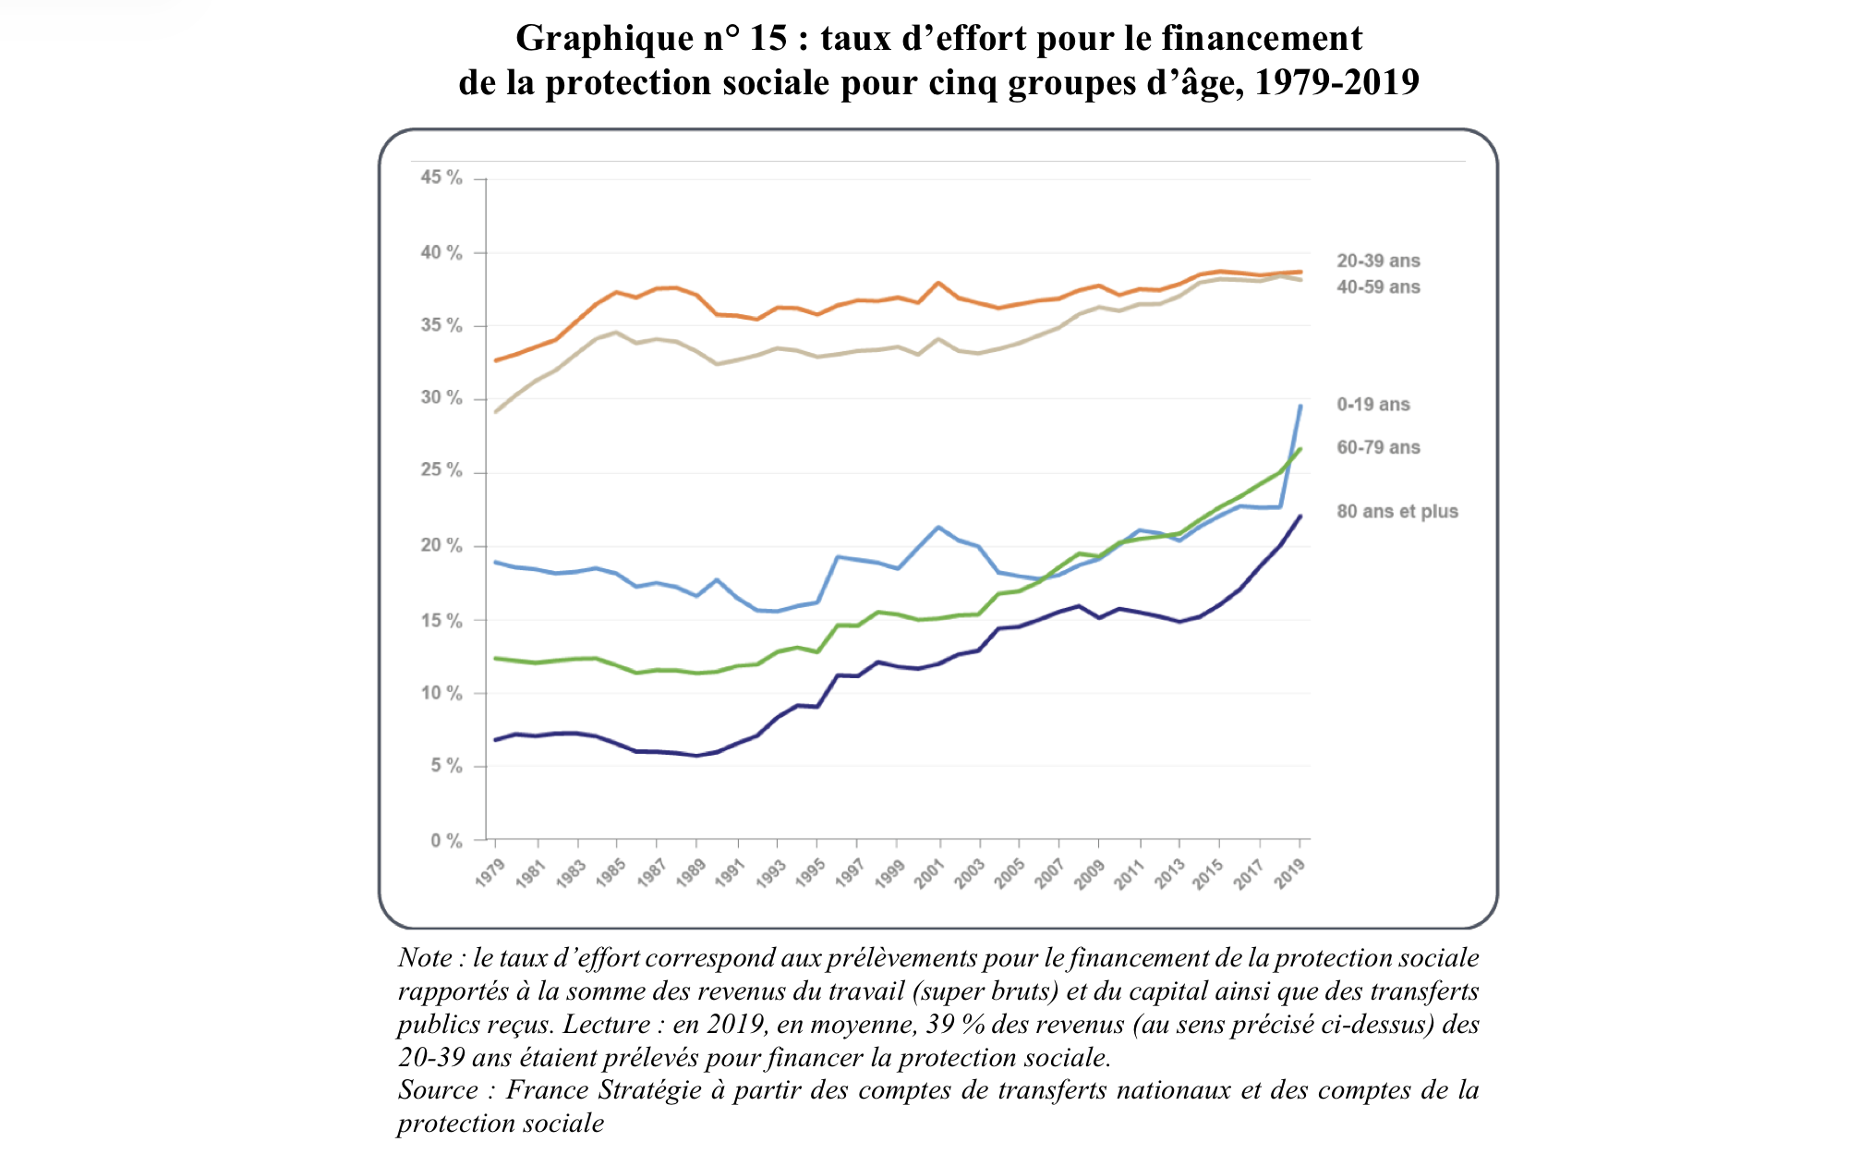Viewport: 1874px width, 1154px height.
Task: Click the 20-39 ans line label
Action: (1378, 261)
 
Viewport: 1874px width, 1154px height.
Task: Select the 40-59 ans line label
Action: (1378, 287)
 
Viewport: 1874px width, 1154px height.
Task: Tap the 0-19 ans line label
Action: (1373, 405)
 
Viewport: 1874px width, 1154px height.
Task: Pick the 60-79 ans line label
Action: (1378, 448)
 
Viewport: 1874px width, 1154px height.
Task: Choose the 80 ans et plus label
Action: (1397, 512)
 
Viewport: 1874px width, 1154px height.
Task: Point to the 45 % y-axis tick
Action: (441, 177)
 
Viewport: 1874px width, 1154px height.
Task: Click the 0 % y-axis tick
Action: (446, 841)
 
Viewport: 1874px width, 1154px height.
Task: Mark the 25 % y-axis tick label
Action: (441, 471)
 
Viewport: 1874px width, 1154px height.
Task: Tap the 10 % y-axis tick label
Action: (441, 694)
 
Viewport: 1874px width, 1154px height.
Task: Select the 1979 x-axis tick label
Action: (490, 873)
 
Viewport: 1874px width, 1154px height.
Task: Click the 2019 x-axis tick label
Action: (1290, 873)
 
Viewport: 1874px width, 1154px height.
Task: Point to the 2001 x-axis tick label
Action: (929, 873)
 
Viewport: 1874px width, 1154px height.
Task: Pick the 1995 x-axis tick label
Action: (810, 873)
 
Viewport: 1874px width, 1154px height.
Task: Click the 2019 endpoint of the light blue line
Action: (1300, 406)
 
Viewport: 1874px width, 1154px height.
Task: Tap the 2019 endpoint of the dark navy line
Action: (1300, 516)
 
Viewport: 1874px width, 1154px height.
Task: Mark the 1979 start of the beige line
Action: (496, 412)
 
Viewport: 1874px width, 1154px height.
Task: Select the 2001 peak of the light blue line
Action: (939, 528)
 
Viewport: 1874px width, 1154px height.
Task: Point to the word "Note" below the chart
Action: (425, 958)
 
